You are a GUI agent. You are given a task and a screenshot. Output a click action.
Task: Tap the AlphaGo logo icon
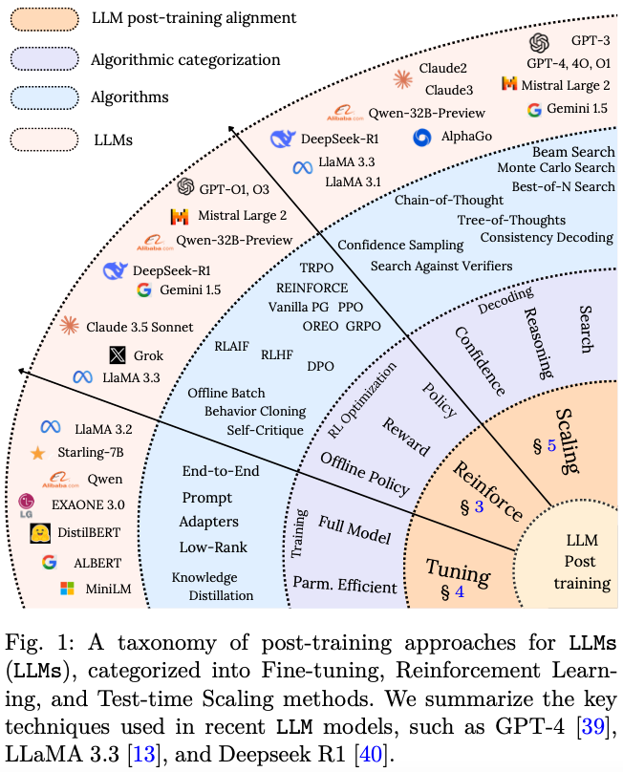coord(421,137)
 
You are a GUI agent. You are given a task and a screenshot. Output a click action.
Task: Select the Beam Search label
coord(573,151)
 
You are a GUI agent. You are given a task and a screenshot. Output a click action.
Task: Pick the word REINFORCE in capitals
coord(312,287)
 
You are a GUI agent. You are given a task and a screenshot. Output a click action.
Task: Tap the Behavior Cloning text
coord(254,411)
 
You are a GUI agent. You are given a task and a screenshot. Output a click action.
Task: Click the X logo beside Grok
coord(117,355)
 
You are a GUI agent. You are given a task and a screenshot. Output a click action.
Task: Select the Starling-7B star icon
coord(38,452)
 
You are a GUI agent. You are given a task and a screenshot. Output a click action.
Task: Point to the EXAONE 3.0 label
coord(94,503)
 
